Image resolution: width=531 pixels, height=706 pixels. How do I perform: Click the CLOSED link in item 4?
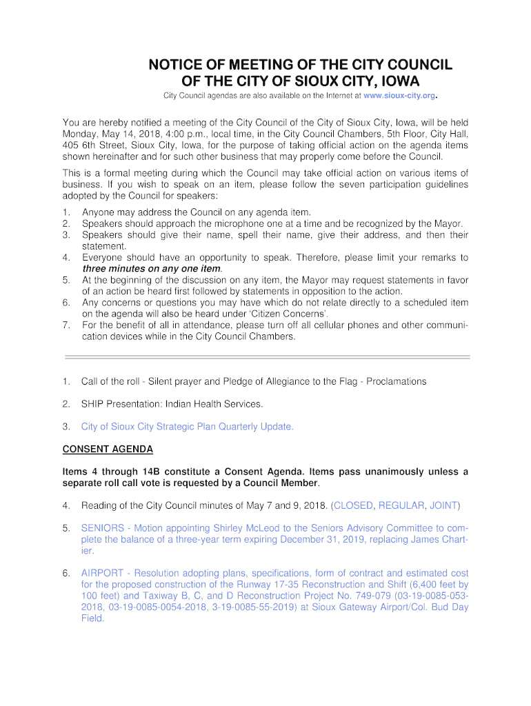point(354,505)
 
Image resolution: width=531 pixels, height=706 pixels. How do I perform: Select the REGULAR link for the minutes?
point(401,505)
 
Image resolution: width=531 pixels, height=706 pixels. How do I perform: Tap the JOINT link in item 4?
point(443,505)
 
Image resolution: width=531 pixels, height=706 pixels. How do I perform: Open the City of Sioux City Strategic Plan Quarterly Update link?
point(187,426)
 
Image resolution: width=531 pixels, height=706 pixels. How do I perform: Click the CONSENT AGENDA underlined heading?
point(108,449)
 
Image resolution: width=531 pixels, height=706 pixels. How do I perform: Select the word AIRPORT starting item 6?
point(103,573)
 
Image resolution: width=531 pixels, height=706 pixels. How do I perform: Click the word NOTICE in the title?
point(179,65)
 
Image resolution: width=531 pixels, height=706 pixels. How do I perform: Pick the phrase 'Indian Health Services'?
point(213,403)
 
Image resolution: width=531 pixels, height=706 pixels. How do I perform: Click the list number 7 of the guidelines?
point(66,325)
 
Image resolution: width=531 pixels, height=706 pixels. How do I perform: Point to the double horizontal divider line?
point(266,357)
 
